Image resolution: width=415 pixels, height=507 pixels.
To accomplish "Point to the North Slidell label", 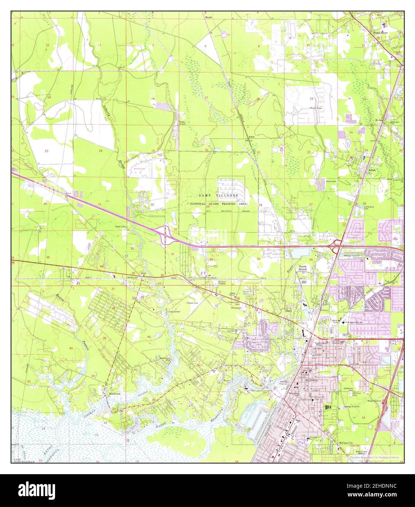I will pos(303,268).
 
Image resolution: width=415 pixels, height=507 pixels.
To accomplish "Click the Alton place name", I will pos(372,170).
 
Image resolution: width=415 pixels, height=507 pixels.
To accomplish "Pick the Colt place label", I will pos(144,273).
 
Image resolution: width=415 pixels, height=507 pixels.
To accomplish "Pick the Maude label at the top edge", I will pos(209,17).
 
